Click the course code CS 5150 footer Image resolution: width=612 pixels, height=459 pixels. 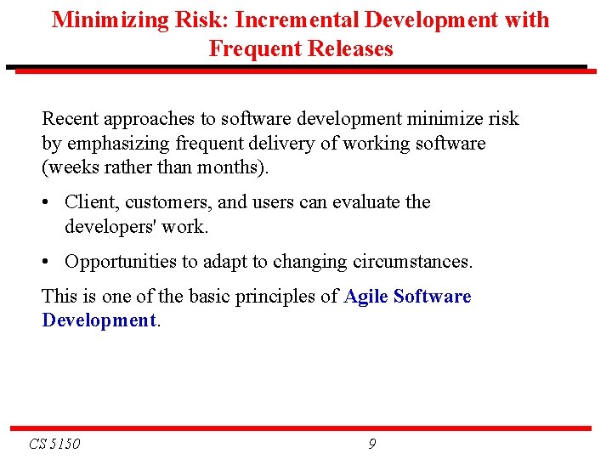pyautogui.click(x=54, y=444)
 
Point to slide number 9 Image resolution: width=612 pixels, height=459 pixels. pyautogui.click(x=372, y=444)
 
